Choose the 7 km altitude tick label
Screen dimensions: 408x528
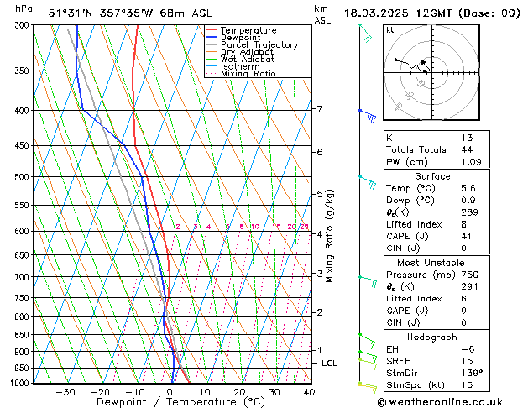pyautogui.click(x=319, y=109)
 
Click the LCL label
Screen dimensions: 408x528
pyautogui.click(x=330, y=363)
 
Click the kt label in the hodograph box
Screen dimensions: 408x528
pyautogui.click(x=390, y=29)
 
